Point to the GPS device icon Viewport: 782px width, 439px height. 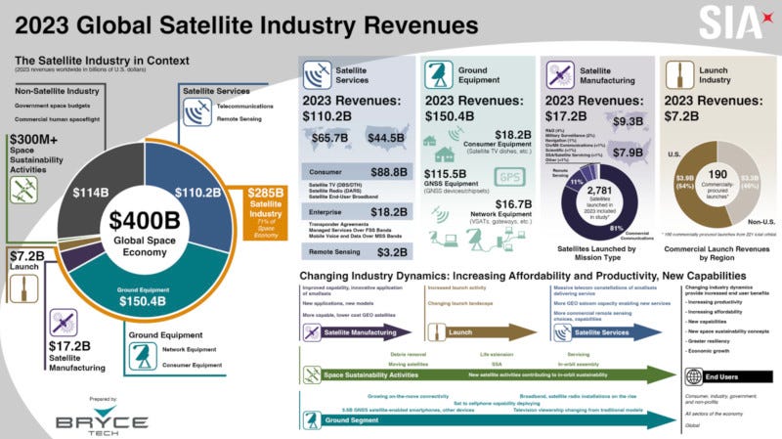(511, 177)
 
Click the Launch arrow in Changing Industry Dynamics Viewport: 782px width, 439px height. (465, 332)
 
